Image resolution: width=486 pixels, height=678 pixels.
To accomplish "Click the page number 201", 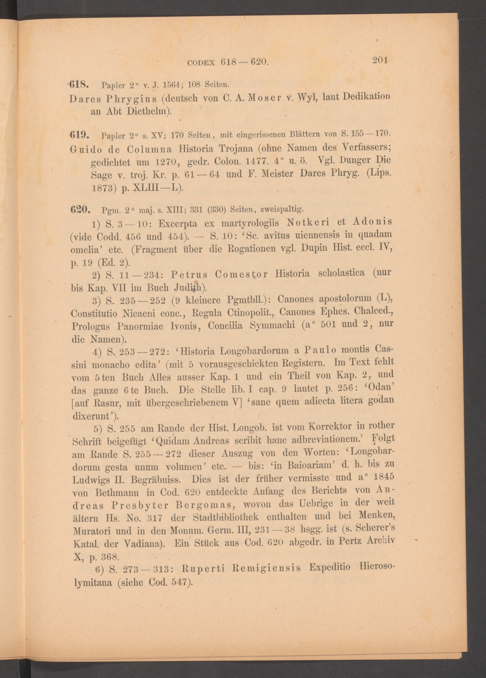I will [380, 60].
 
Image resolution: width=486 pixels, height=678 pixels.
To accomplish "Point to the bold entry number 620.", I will [79, 210].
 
